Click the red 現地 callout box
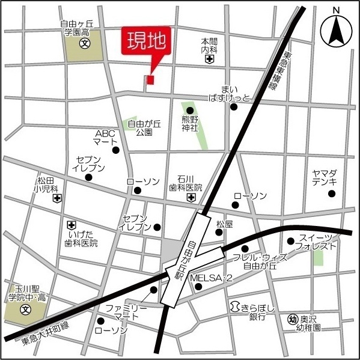147,42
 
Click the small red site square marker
150,79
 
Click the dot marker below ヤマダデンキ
331,194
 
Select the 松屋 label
224,224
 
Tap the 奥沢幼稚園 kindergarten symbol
293,319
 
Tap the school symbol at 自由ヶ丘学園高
85,44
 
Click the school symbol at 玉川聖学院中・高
25,310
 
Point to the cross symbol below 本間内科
209,59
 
